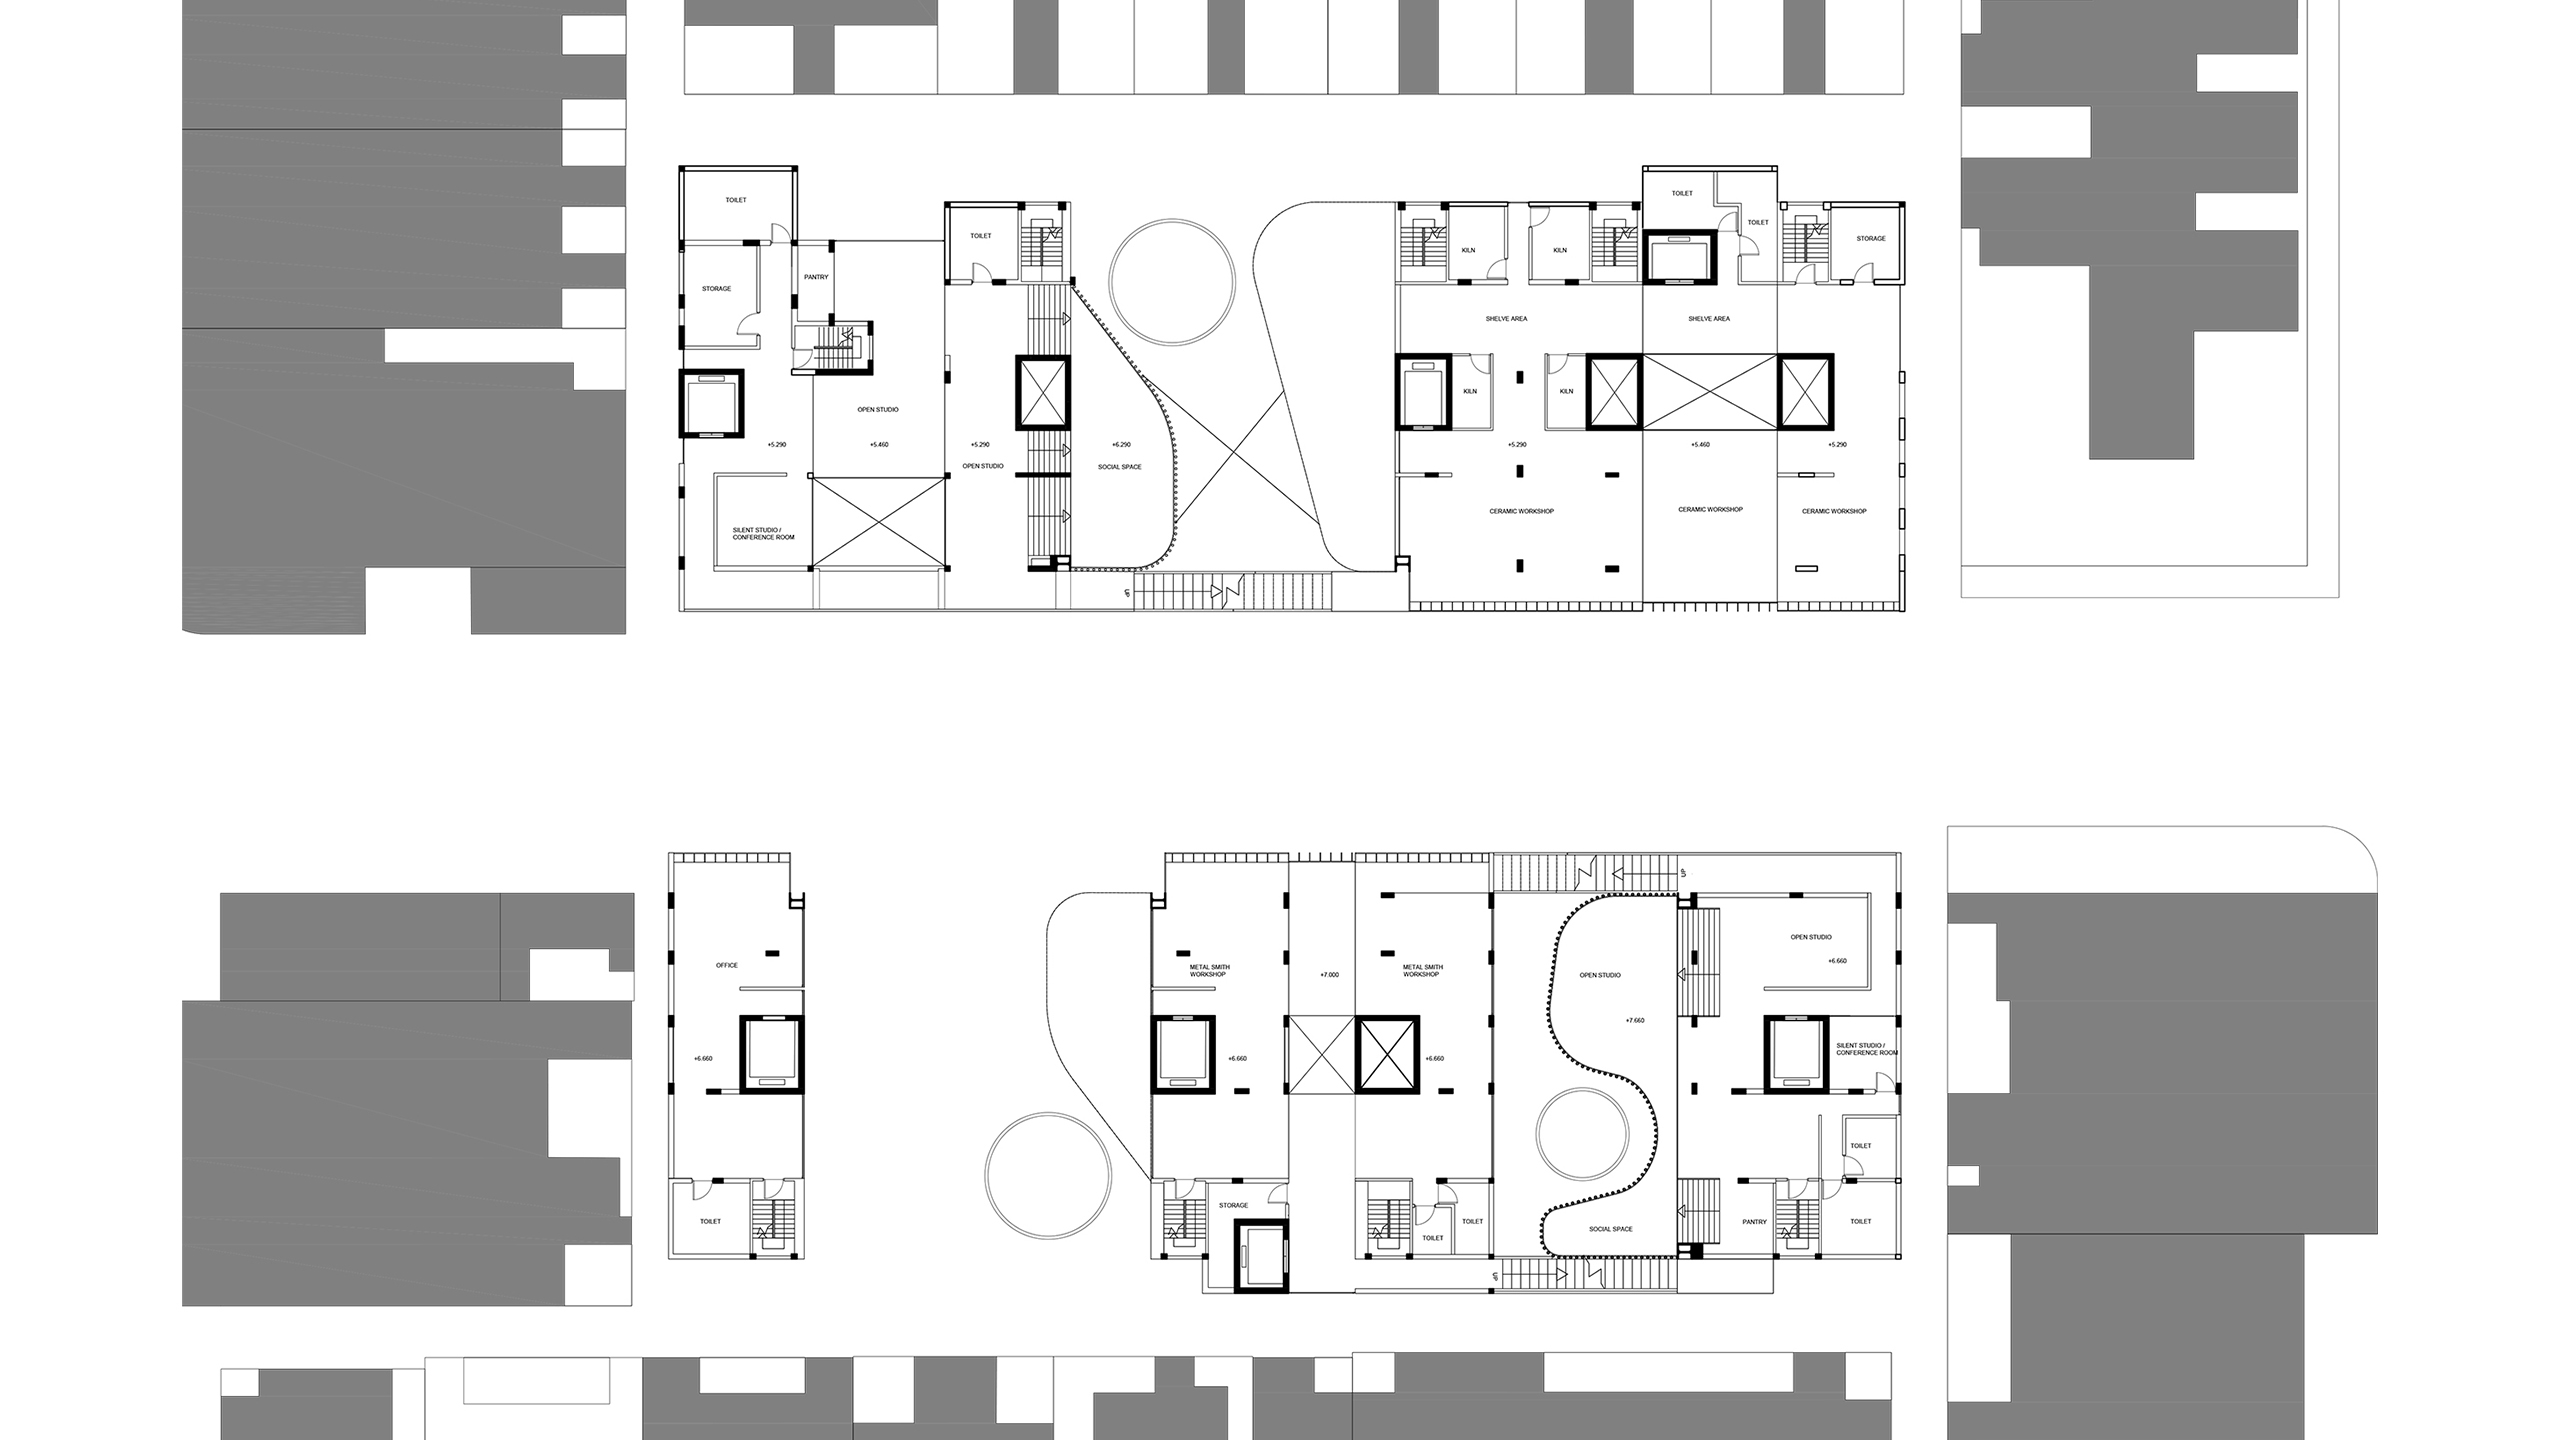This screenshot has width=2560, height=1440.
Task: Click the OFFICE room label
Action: [x=727, y=965]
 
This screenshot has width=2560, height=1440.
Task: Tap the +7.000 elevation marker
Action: [x=1329, y=974]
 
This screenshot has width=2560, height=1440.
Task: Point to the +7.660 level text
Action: [x=1635, y=1021]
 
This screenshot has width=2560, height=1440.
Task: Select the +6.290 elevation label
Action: [x=1121, y=444]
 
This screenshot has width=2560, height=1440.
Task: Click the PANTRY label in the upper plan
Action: [x=816, y=277]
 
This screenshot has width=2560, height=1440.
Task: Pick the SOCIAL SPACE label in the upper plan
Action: [x=1119, y=467]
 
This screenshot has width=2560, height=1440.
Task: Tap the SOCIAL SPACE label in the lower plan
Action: [x=1610, y=1229]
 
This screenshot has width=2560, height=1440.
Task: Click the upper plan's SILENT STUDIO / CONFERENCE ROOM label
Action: [x=764, y=534]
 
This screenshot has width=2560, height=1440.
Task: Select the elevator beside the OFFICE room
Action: [x=771, y=1054]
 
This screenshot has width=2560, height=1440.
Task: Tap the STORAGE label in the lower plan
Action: [x=1233, y=1205]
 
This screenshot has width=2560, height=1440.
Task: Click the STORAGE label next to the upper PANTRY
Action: [x=716, y=289]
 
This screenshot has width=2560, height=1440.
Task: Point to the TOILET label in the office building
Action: [x=710, y=1221]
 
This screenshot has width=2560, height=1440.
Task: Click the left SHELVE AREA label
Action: [x=1506, y=319]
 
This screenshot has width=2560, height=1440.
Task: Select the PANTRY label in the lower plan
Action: [x=1754, y=1222]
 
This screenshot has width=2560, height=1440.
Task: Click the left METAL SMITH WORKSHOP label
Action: [x=1209, y=970]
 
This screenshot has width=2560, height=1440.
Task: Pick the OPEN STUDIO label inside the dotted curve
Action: [x=1600, y=975]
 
